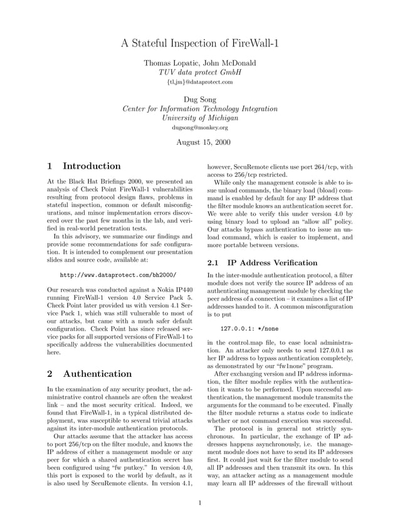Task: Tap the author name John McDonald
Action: point(228,63)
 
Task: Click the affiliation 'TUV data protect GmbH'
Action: point(199,72)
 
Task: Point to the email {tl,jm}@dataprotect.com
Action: point(199,82)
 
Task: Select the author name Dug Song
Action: point(199,99)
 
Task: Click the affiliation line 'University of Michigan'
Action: point(199,117)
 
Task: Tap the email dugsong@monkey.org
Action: point(199,127)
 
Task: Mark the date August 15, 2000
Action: point(199,142)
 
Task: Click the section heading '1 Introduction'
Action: point(84,166)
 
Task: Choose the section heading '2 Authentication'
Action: point(90,374)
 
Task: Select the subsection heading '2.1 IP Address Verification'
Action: point(262,263)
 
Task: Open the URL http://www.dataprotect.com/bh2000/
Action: point(118,275)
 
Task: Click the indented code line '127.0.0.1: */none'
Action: point(250,328)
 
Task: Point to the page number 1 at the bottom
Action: point(199,502)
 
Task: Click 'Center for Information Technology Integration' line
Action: point(199,108)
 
